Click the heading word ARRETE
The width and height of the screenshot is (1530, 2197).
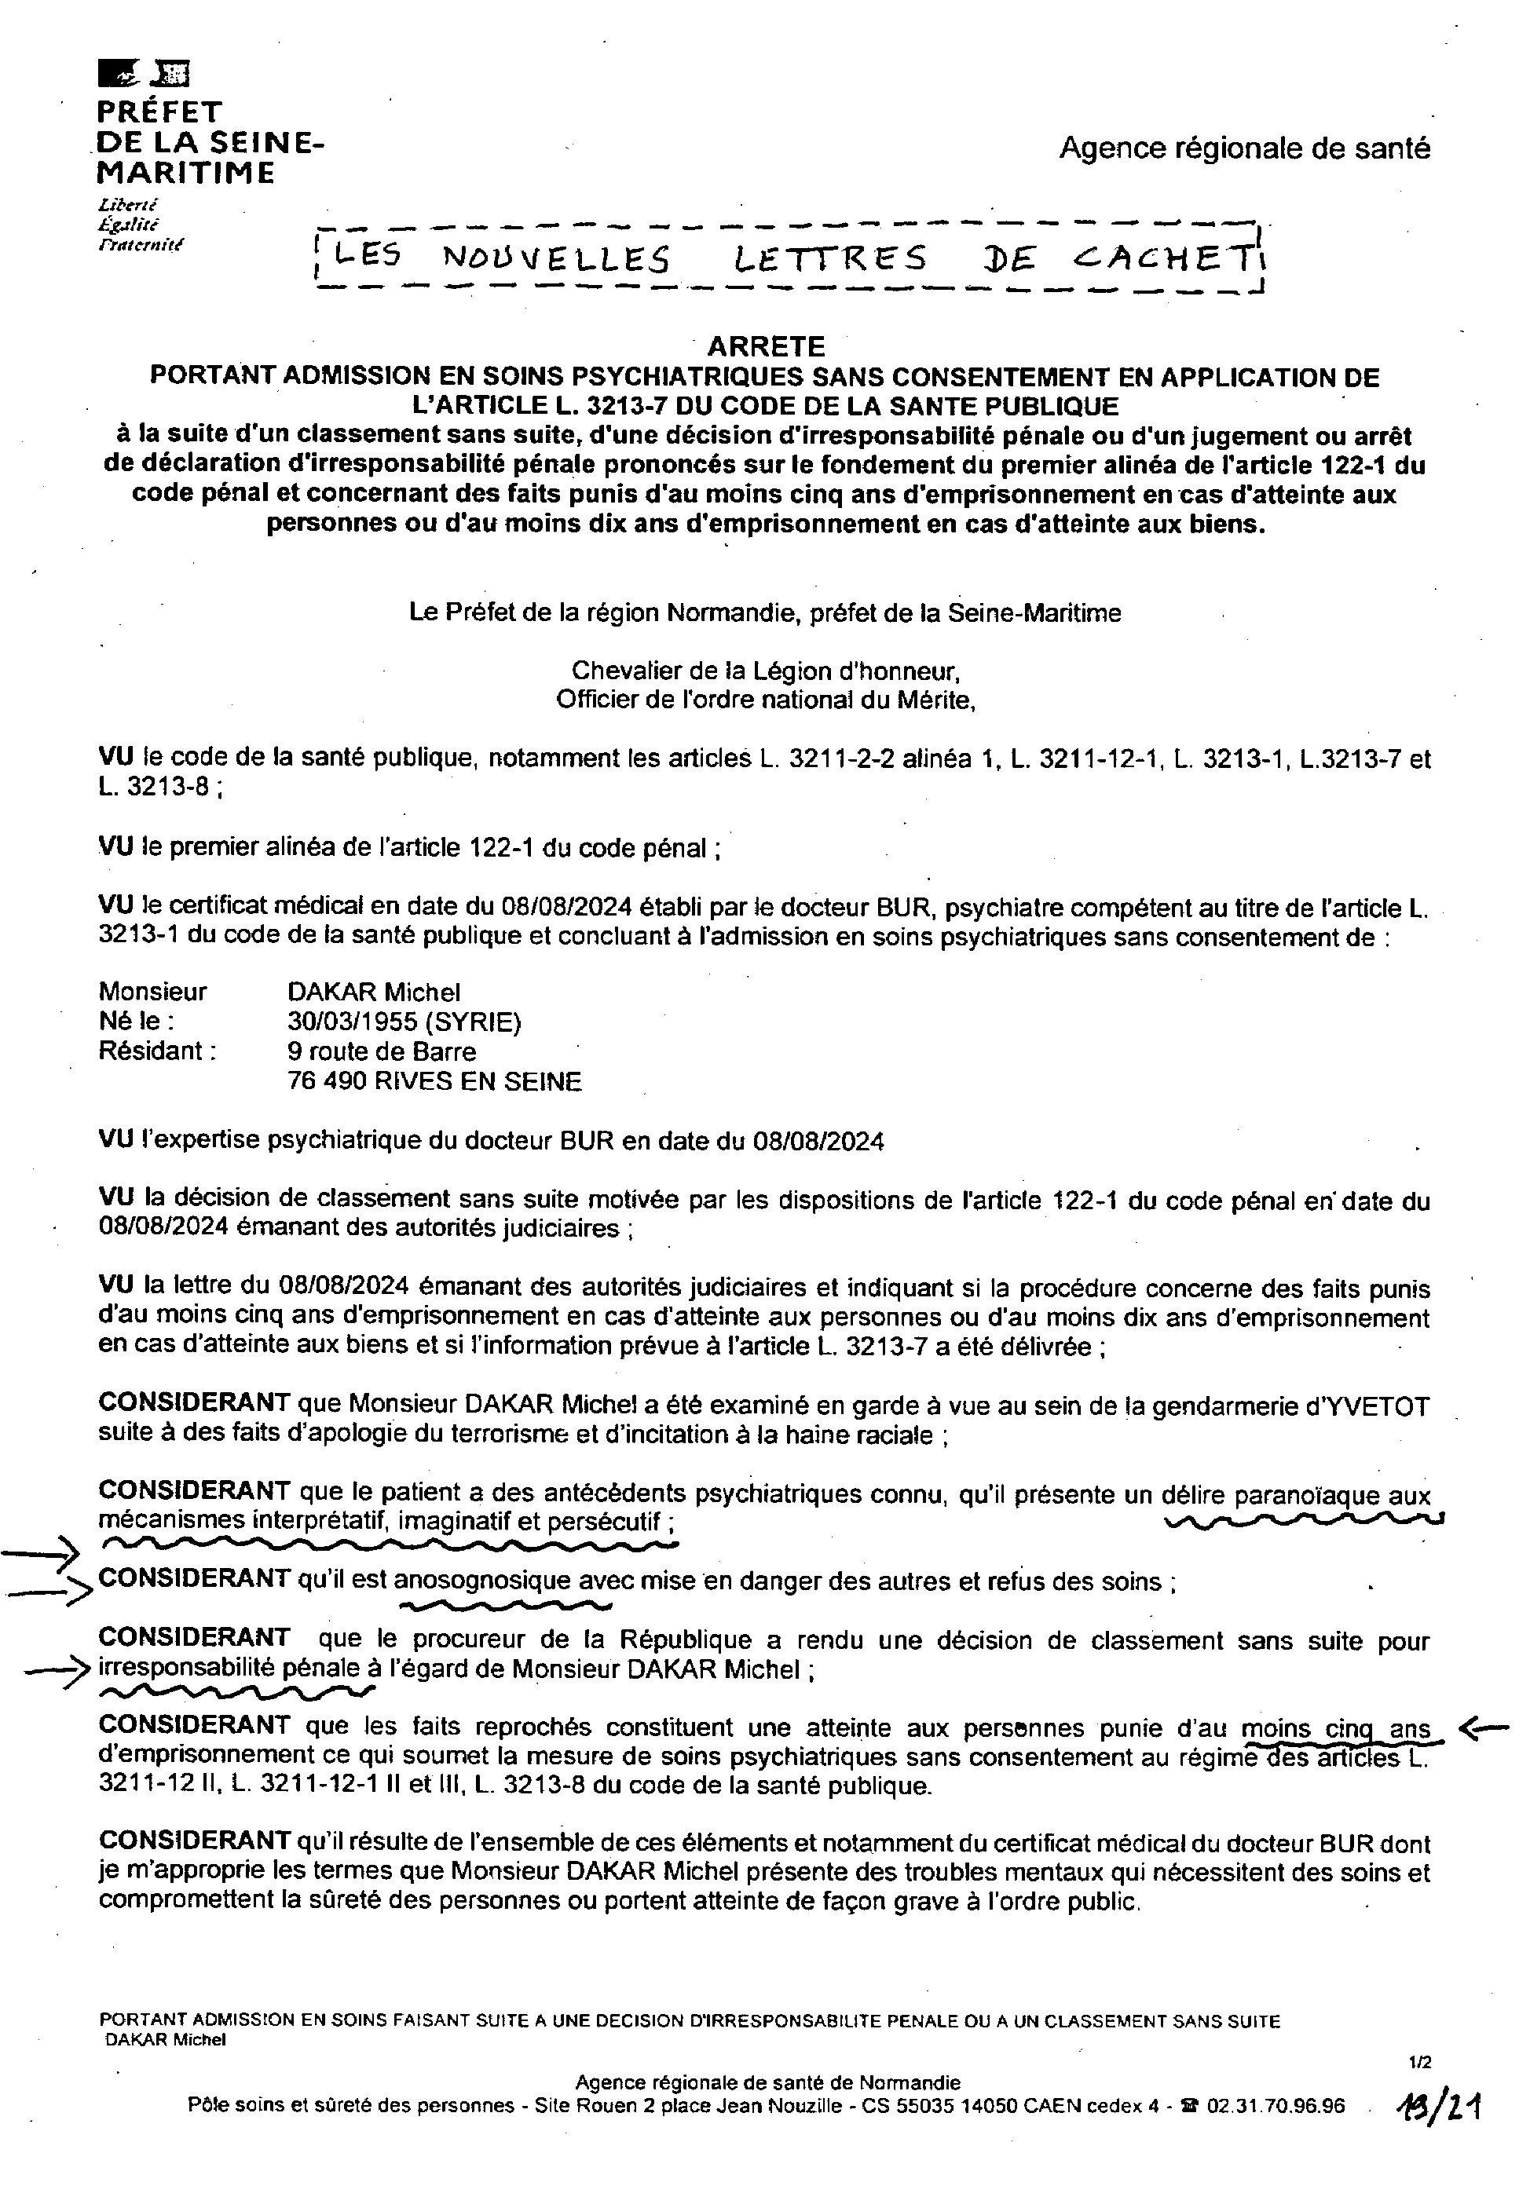click(x=764, y=345)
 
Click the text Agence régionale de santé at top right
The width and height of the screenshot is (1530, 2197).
click(x=1244, y=148)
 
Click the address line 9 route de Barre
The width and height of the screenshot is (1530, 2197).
click(x=381, y=1051)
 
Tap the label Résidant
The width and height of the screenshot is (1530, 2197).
click(x=157, y=1051)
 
